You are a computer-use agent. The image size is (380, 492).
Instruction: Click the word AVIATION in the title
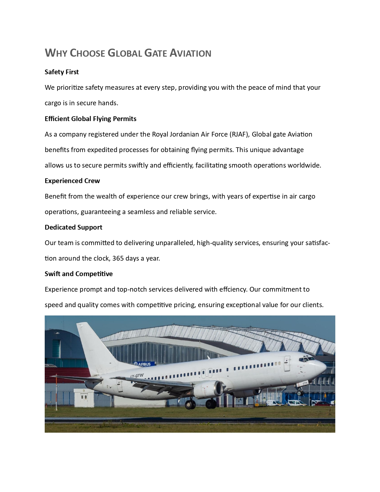coord(190,53)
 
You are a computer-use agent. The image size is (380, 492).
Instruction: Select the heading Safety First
coord(62,72)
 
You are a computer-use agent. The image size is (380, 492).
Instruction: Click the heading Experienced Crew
coord(72,181)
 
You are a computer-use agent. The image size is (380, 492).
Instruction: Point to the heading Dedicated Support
coord(73,227)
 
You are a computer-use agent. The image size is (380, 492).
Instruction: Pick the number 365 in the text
coord(118,258)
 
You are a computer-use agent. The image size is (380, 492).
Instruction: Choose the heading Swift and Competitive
coord(79,274)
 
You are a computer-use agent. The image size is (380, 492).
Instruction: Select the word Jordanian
coord(184,134)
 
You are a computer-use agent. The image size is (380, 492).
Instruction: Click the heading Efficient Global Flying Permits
coord(91,119)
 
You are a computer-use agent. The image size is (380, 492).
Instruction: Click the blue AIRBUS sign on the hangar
coord(144,364)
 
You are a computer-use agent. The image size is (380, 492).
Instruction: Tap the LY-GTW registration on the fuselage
coord(137,376)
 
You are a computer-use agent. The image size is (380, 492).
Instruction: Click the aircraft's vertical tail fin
coord(94,346)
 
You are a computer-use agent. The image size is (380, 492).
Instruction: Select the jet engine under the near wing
coord(209,389)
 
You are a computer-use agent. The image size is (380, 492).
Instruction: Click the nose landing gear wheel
coord(300,393)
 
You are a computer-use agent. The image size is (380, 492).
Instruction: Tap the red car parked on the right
coord(323,404)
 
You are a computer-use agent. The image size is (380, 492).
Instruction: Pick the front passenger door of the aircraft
coord(287,363)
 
